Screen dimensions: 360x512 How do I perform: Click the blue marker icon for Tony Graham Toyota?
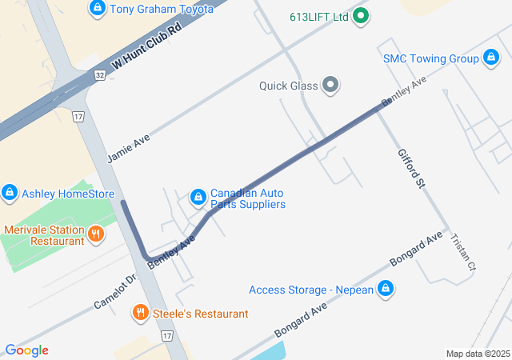(x=98, y=9)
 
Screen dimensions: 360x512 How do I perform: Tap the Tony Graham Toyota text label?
(x=162, y=9)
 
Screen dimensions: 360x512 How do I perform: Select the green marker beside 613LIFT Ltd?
(x=361, y=15)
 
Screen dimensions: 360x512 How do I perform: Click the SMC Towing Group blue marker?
(x=491, y=58)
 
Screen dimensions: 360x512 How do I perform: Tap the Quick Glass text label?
(x=288, y=86)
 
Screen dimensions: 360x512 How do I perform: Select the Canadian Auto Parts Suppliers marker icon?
(x=198, y=197)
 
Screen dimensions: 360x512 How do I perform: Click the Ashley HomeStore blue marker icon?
(x=10, y=193)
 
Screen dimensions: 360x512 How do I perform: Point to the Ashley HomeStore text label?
(x=68, y=194)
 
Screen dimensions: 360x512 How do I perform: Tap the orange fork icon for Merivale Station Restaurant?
(x=96, y=234)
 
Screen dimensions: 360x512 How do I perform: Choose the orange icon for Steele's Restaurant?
(x=141, y=313)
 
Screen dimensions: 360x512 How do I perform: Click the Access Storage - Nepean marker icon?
(x=386, y=289)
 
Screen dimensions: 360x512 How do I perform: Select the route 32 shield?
(x=99, y=74)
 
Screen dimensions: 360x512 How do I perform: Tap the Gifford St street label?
(x=410, y=169)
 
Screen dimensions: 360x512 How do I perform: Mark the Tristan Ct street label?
(x=463, y=252)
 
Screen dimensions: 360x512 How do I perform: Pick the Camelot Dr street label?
(x=116, y=293)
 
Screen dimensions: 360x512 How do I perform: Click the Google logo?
(x=26, y=350)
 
